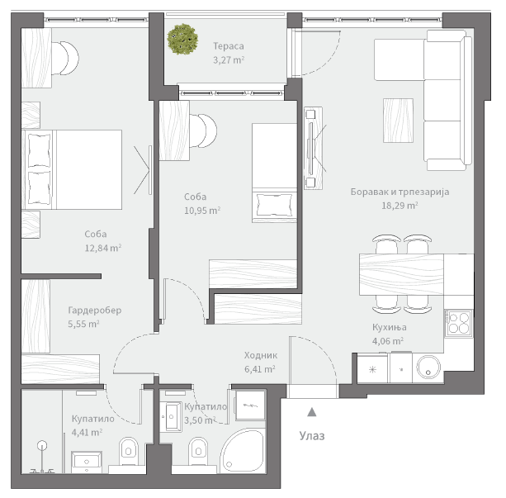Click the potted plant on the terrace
pyautogui.click(x=182, y=39)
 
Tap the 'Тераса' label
pyautogui.click(x=228, y=46)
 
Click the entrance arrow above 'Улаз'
pyautogui.click(x=311, y=412)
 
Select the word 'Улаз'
pyautogui.click(x=312, y=436)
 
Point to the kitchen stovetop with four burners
pyautogui.click(x=459, y=323)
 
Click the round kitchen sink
pyautogui.click(x=428, y=368)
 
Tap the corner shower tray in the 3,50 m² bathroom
pyautogui.click(x=244, y=452)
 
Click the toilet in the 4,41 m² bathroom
pyautogui.click(x=129, y=452)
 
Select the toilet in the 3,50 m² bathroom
pyautogui.click(x=198, y=452)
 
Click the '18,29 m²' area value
pyautogui.click(x=400, y=206)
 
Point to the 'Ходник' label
pyautogui.click(x=260, y=355)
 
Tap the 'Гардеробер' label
pyautogui.click(x=95, y=311)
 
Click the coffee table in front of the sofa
pyautogui.click(x=398, y=121)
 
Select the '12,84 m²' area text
pyautogui.click(x=103, y=248)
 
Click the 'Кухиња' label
pyautogui.click(x=389, y=327)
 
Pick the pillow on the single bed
pyautogui.click(x=274, y=205)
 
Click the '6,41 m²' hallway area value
pyautogui.click(x=260, y=369)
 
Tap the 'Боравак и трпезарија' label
pyautogui.click(x=400, y=192)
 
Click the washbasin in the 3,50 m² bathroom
pyautogui.click(x=171, y=416)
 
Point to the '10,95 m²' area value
pyautogui.click(x=202, y=211)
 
